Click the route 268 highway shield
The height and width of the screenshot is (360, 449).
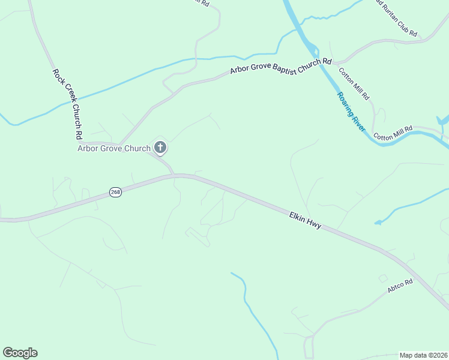click(116, 192)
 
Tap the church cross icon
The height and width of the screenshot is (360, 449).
click(160, 148)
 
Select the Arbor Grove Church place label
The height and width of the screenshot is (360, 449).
click(114, 148)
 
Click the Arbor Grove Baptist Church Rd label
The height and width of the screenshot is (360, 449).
click(281, 66)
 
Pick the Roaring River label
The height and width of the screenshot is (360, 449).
click(351, 112)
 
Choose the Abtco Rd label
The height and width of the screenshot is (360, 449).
click(400, 286)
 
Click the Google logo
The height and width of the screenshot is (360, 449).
click(20, 353)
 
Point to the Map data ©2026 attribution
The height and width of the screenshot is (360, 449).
click(423, 355)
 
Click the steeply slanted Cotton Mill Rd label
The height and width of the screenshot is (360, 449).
click(355, 83)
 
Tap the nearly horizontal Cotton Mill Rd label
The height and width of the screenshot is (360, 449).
click(393, 133)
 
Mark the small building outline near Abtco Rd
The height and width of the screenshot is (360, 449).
click(382, 278)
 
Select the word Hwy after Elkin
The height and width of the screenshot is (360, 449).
click(315, 224)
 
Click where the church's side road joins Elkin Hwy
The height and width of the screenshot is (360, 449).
click(174, 175)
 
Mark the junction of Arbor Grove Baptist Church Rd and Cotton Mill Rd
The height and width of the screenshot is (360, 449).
click(337, 62)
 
